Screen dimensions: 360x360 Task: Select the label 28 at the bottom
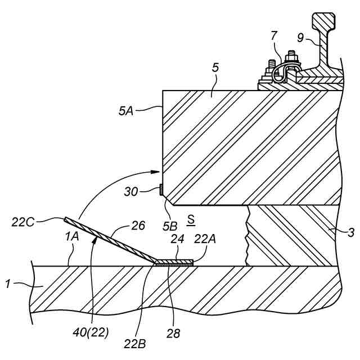pyautogui.click(x=173, y=333)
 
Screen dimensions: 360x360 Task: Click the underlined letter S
pyautogui.click(x=192, y=218)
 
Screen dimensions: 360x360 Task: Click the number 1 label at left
pyautogui.click(x=8, y=285)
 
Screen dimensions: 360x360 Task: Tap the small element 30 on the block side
pyautogui.click(x=161, y=191)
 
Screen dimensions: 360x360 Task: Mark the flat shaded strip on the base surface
pyautogui.click(x=173, y=262)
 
